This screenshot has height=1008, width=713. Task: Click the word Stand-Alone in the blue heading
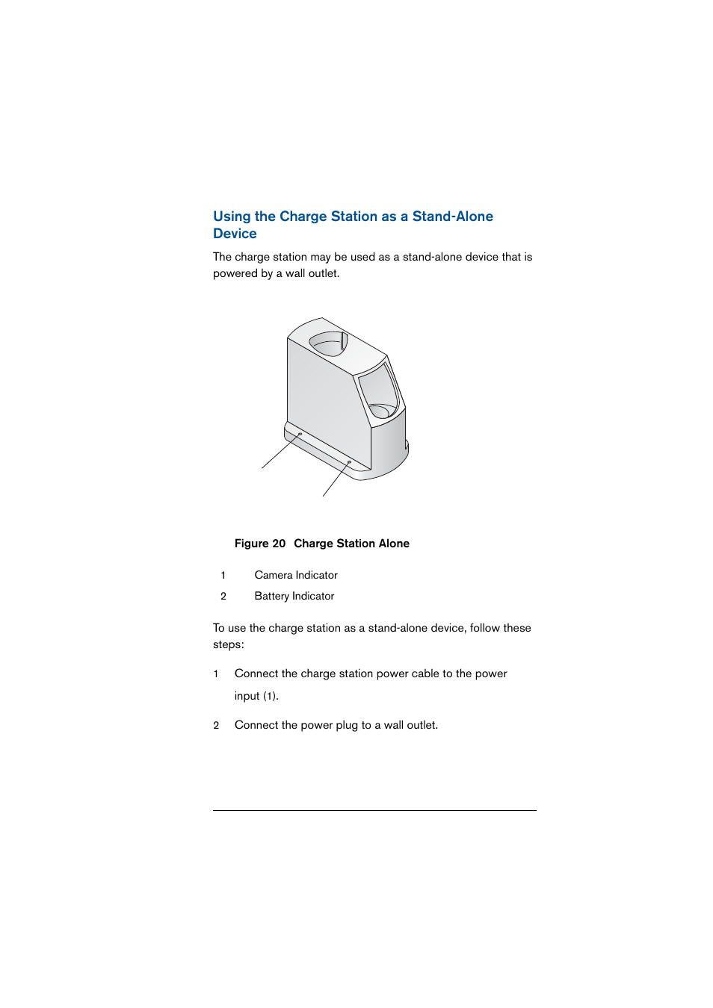coord(452,217)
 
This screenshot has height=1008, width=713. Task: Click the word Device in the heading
coord(235,234)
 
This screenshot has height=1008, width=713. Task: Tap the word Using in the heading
coord(232,217)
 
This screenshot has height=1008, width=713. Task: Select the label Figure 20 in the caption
coord(259,544)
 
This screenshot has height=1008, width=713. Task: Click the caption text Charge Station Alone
coord(351,544)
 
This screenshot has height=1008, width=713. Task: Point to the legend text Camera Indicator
coord(296,575)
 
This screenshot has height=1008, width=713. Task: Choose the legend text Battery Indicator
coord(294,596)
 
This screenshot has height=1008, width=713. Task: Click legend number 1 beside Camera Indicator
coord(223,575)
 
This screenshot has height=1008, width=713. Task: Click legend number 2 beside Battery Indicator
coord(223,596)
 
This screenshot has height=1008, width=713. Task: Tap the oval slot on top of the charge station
coord(328,343)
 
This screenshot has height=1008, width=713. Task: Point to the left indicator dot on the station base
coord(300,434)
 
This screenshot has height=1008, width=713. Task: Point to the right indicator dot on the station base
coord(349,462)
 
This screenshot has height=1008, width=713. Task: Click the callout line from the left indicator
coord(280,452)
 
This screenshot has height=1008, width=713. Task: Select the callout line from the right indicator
coord(336,479)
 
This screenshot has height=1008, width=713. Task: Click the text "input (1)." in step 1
coord(256,696)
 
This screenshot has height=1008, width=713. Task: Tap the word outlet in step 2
coord(422,725)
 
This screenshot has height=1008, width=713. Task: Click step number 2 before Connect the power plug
coord(216,725)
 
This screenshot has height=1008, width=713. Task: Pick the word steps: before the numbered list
coord(228,644)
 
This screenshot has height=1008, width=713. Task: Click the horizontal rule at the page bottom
coord(374,810)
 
